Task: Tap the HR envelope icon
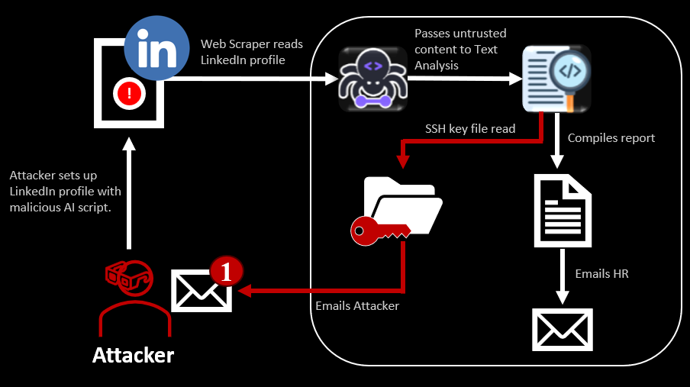[563, 329]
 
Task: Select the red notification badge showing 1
[226, 271]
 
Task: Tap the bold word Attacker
[133, 355]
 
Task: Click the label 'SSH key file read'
[470, 128]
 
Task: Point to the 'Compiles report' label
[611, 138]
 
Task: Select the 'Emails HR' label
[601, 273]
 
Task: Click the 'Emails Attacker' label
[356, 306]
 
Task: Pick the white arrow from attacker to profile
[131, 195]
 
